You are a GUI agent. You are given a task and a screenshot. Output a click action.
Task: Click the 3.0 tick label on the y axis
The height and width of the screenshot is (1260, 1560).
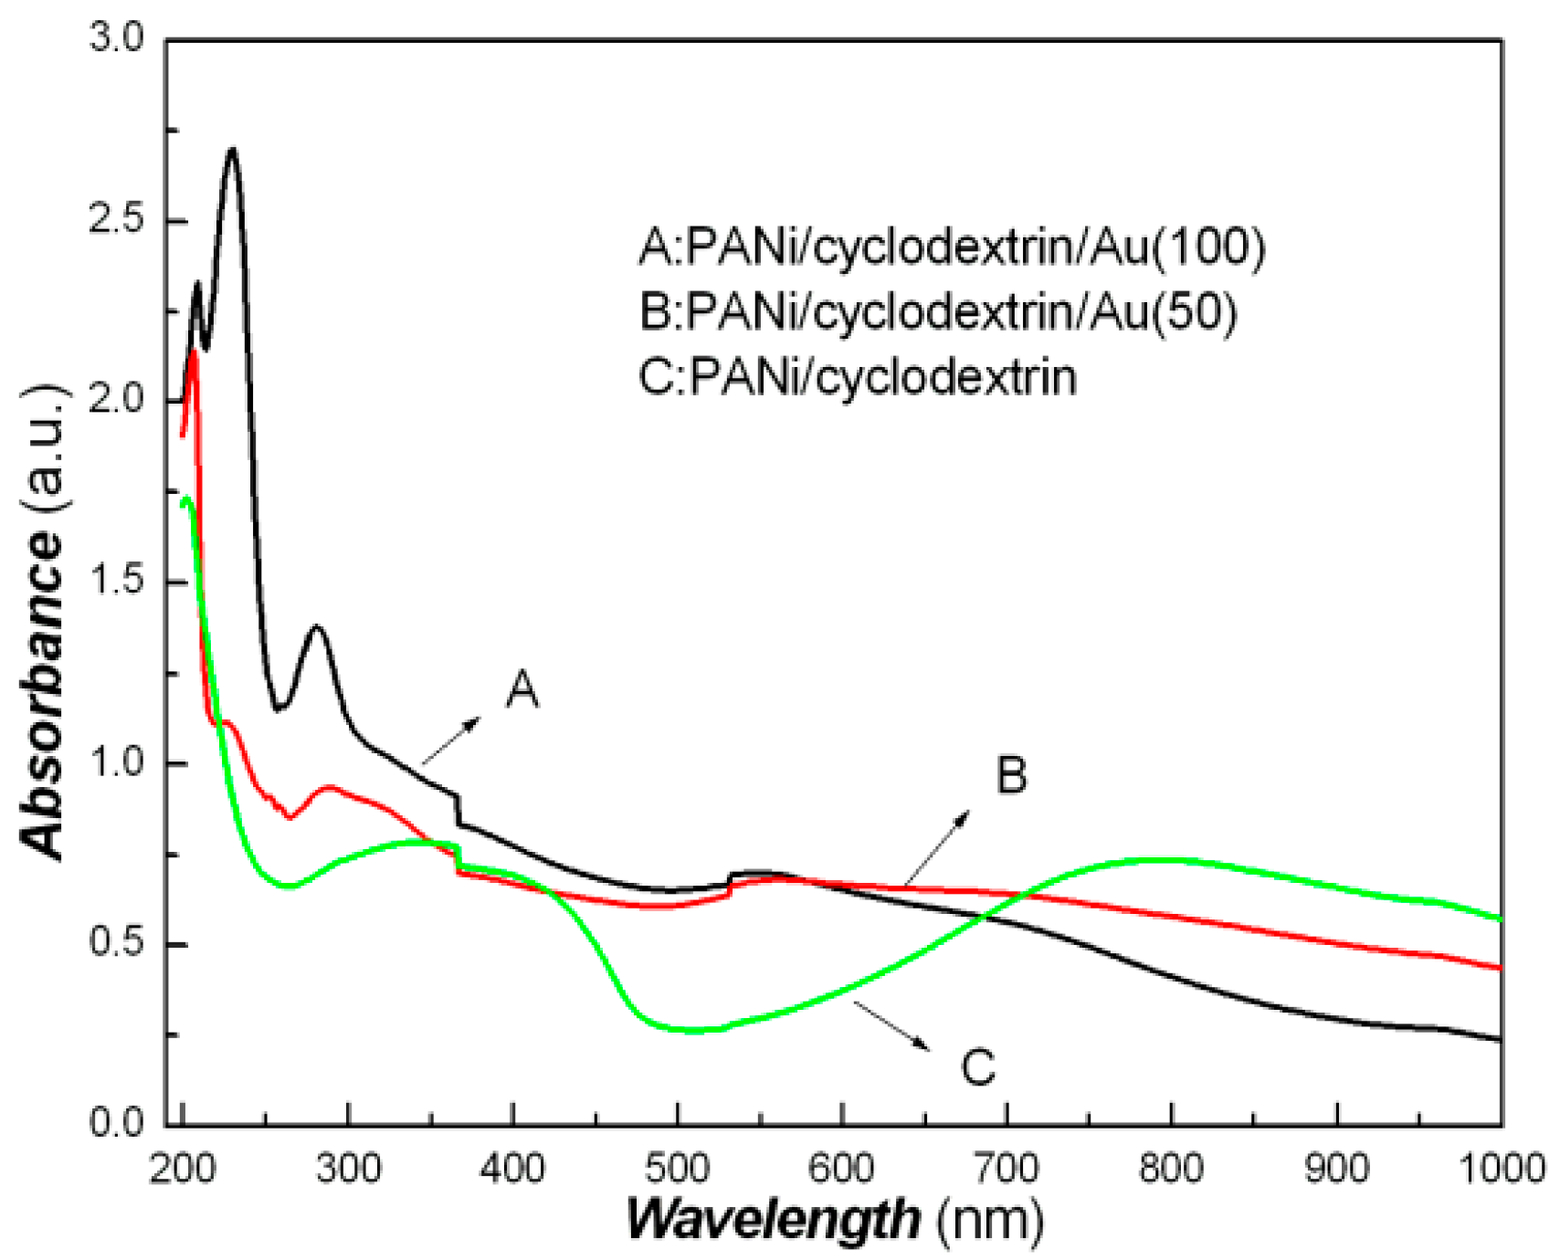117,38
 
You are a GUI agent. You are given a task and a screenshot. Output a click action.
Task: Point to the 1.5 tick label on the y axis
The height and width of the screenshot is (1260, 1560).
117,582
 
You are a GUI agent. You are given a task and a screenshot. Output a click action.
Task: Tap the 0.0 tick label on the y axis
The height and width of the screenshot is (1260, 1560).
117,1123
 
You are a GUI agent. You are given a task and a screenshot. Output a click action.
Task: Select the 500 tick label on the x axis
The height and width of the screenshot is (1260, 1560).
677,1168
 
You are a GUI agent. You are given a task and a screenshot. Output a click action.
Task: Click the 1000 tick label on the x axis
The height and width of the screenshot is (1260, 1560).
1500,1168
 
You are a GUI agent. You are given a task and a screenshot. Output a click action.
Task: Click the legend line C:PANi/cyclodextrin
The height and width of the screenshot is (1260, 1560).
858,376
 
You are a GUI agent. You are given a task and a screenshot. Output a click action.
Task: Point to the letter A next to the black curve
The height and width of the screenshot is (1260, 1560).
522,689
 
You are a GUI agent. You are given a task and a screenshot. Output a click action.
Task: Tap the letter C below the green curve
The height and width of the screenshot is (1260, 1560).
978,1066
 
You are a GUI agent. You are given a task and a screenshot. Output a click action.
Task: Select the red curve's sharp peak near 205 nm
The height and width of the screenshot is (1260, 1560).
194,352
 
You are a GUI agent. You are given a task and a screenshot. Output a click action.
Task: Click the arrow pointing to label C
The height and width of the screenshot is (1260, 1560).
892,1025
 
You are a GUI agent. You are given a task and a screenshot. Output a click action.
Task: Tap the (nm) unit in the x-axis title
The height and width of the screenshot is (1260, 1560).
990,1219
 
